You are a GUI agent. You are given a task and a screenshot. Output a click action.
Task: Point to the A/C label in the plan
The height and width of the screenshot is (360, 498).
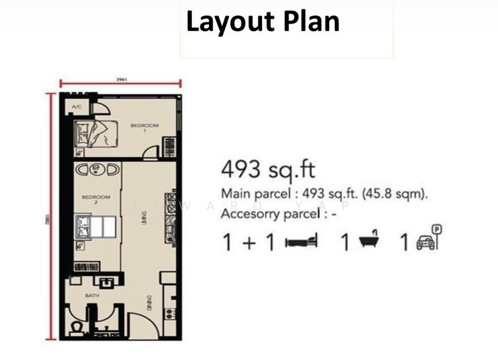pyautogui.click(x=77, y=107)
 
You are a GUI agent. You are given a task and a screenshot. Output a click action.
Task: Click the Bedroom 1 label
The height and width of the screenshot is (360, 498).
pyautogui.click(x=144, y=127)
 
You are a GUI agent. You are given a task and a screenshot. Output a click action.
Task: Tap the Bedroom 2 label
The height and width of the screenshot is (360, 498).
pyautogui.click(x=95, y=199)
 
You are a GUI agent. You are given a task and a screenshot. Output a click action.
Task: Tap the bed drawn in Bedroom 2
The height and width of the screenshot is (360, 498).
pyautogui.click(x=94, y=226)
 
